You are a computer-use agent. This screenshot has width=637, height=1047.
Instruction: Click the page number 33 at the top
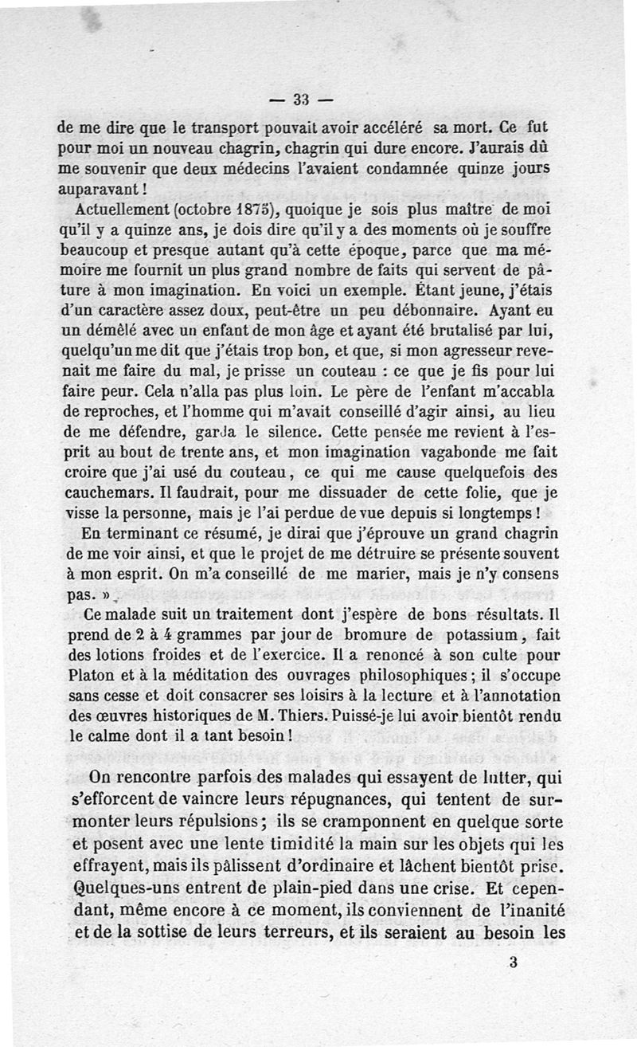[x=300, y=100]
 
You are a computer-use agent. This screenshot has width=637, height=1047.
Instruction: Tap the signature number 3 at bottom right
[x=514, y=962]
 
